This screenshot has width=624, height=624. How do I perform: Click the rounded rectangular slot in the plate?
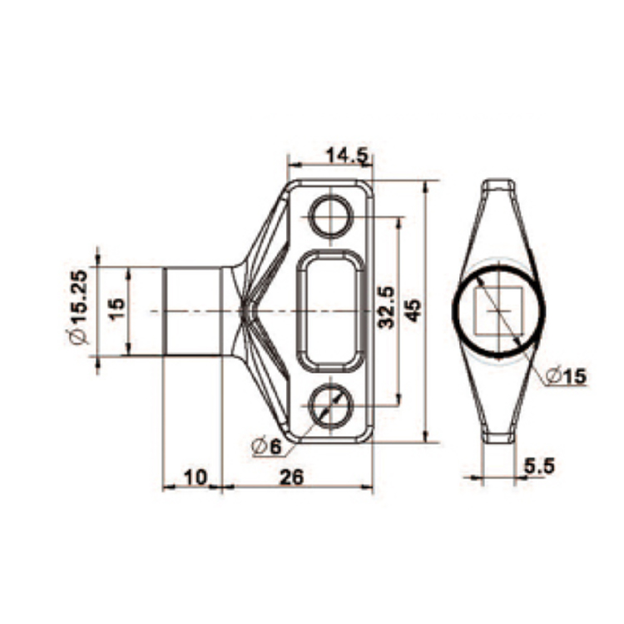[330, 310]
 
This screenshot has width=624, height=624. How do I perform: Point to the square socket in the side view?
[498, 310]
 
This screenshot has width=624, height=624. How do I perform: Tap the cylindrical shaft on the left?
[191, 310]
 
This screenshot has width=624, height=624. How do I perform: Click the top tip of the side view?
[498, 183]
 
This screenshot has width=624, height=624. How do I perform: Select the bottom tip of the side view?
[498, 438]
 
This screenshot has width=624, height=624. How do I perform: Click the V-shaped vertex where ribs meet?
[243, 310]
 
